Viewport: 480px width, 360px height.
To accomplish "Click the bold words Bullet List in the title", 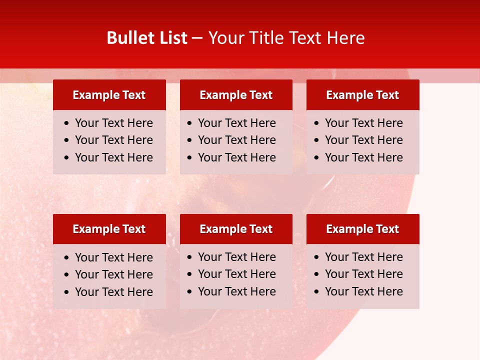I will (147, 38).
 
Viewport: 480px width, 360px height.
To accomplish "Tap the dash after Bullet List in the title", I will (197, 38).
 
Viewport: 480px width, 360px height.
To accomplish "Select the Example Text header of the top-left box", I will (109, 95).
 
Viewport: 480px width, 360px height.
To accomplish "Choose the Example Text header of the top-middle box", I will (236, 95).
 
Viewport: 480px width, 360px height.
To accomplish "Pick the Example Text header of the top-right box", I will (362, 95).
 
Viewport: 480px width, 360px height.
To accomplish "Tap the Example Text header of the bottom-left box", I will (109, 229).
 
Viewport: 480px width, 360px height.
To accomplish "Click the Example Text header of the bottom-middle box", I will (236, 229).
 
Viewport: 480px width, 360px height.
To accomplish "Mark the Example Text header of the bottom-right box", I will (362, 229).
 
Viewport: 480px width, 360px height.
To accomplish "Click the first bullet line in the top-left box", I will (113, 123).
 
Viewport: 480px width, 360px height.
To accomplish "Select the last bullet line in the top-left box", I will (113, 157).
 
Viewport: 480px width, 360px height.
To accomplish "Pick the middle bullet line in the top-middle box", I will (236, 140).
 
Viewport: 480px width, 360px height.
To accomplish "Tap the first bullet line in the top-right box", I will (363, 123).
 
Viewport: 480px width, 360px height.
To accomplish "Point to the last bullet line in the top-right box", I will (363, 157).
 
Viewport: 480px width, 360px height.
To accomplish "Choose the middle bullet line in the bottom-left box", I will (113, 274).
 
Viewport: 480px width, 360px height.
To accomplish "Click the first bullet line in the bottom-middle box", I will (236, 257).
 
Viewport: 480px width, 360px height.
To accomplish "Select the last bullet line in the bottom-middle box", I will (236, 291).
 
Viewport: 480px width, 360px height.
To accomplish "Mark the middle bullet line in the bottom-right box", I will (363, 274).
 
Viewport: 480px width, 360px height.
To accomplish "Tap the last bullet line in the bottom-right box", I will (363, 291).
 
